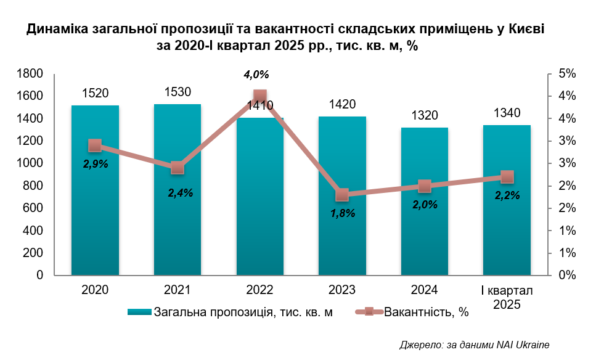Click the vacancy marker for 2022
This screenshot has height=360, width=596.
[259, 96]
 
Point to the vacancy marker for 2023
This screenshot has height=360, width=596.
[342, 195]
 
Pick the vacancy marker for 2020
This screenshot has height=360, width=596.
[95, 145]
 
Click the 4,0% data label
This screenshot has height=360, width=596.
[256, 75]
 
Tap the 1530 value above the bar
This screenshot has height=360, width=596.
[178, 92]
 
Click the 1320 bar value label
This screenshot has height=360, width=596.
[424, 115]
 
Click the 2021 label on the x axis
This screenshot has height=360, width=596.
[178, 290]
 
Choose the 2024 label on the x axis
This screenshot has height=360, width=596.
[424, 290]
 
